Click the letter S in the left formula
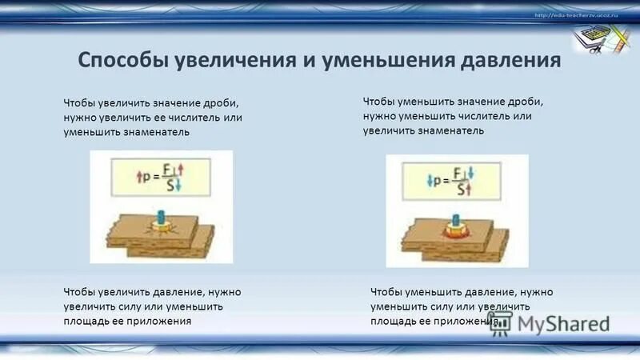166,186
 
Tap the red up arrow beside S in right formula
471,190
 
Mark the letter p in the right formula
438,181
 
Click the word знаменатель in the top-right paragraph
446,130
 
